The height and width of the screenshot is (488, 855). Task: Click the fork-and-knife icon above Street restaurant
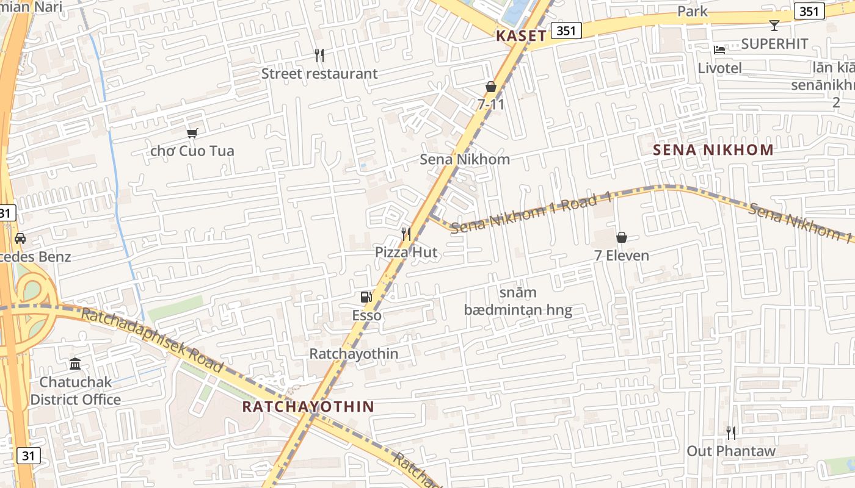pyautogui.click(x=319, y=56)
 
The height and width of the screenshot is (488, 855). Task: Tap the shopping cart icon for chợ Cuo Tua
pyautogui.click(x=192, y=133)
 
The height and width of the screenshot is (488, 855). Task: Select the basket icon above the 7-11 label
pyautogui.click(x=491, y=87)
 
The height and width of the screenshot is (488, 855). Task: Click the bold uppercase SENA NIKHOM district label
pyautogui.click(x=713, y=149)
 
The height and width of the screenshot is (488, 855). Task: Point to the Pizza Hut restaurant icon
pyautogui.click(x=406, y=234)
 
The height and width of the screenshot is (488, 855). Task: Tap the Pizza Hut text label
pyautogui.click(x=406, y=252)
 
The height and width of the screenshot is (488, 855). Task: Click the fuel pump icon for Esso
pyautogui.click(x=366, y=297)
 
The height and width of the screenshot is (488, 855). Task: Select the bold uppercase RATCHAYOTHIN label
pyautogui.click(x=308, y=406)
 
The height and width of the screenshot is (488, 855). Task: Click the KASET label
pyautogui.click(x=521, y=35)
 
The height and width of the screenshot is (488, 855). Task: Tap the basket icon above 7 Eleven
pyautogui.click(x=622, y=237)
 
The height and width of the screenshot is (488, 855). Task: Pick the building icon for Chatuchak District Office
pyautogui.click(x=75, y=364)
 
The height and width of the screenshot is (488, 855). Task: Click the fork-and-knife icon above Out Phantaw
pyautogui.click(x=731, y=433)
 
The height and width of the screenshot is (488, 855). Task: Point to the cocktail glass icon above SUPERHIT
pyautogui.click(x=774, y=26)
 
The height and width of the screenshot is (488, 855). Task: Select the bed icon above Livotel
pyautogui.click(x=719, y=49)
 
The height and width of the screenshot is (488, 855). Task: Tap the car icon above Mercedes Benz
pyautogui.click(x=20, y=239)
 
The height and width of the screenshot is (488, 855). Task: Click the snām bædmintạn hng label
pyautogui.click(x=518, y=301)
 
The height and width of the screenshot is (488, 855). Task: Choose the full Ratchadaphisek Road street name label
pyautogui.click(x=152, y=340)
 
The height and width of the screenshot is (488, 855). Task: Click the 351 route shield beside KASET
pyautogui.click(x=566, y=30)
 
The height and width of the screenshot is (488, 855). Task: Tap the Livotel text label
pyautogui.click(x=719, y=68)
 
